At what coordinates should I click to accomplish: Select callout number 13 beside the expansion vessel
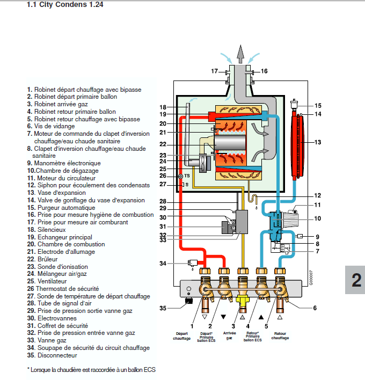(318, 142)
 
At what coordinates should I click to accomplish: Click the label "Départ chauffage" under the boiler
(181, 335)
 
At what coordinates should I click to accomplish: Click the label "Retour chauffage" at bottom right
(280, 335)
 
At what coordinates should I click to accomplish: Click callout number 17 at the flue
(214, 71)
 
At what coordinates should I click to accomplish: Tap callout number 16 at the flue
(264, 71)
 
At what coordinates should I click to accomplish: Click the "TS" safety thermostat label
(187, 176)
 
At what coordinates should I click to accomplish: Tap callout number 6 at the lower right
(315, 308)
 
